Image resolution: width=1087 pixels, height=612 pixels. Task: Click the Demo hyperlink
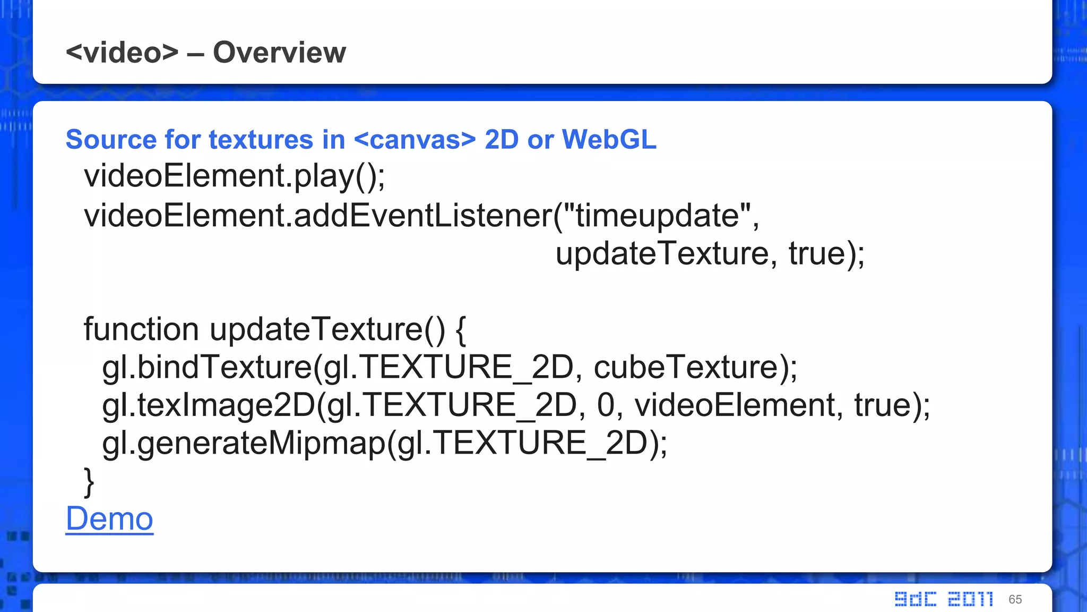click(109, 518)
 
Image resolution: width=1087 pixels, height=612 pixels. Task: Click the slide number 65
click(1015, 599)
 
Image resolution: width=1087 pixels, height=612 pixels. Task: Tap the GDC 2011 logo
click(943, 599)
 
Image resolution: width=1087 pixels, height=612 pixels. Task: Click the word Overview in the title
click(279, 52)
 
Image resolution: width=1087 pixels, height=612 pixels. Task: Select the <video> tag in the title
click(122, 52)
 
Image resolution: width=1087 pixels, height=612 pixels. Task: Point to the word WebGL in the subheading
click(609, 140)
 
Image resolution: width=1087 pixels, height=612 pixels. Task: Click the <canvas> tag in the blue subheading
click(415, 140)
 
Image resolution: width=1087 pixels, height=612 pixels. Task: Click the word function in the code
click(141, 329)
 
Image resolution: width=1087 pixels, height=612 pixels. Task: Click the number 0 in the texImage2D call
click(606, 405)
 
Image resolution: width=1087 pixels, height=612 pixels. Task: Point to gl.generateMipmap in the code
click(244, 443)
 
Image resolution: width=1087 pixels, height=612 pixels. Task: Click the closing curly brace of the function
click(89, 481)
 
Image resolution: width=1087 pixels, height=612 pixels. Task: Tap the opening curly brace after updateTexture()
click(461, 329)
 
